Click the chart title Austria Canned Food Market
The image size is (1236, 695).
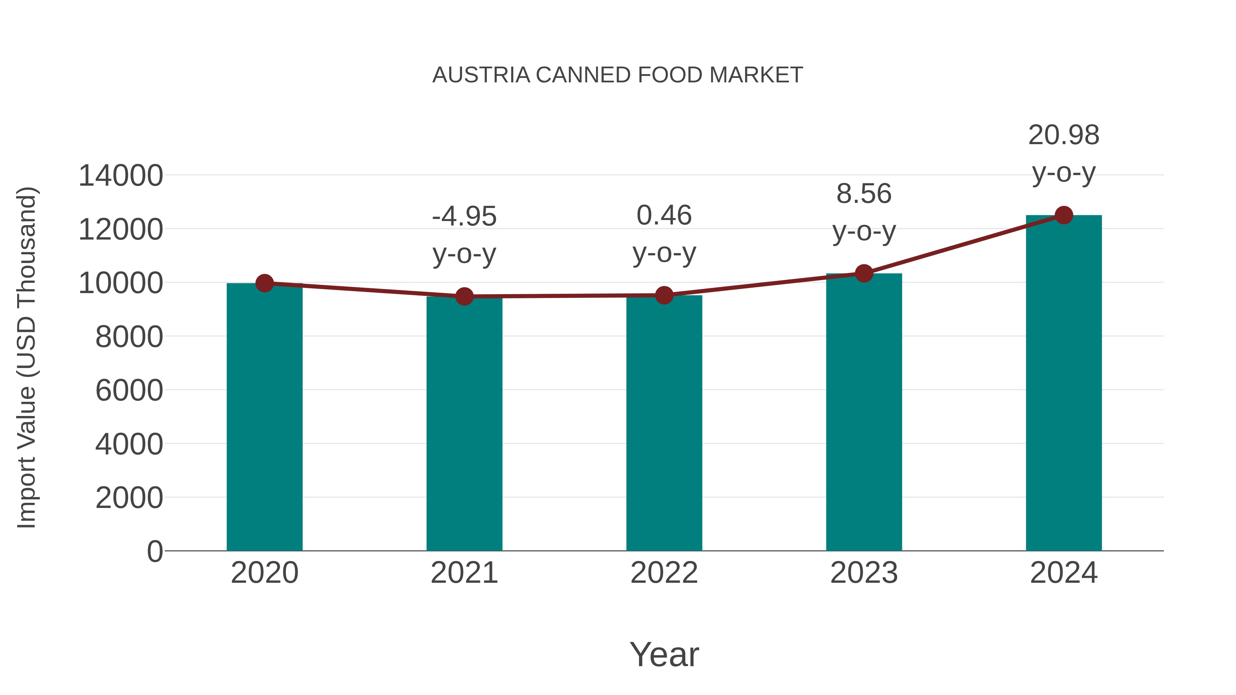[x=618, y=75]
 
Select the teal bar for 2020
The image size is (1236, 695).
[x=264, y=417]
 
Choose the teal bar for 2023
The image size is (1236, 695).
[x=864, y=413]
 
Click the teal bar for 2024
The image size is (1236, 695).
[x=1064, y=384]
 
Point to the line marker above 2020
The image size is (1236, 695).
[x=264, y=283]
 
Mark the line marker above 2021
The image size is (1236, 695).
[x=464, y=297]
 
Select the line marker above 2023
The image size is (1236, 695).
[x=864, y=274]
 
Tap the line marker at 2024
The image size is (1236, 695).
[x=1064, y=215]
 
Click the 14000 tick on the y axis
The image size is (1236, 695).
[x=121, y=175]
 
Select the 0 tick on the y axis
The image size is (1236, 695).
[x=154, y=552]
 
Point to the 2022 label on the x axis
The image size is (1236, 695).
[x=664, y=573]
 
